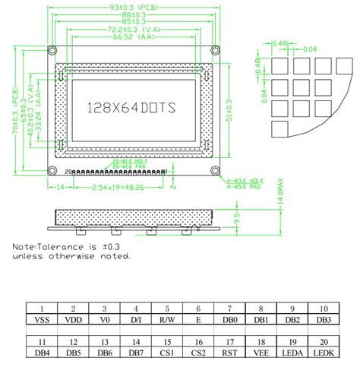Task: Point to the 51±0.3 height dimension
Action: pyautogui.click(x=229, y=114)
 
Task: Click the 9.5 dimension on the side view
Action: pyautogui.click(x=236, y=220)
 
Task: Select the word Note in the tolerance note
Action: pyautogui.click(x=24, y=247)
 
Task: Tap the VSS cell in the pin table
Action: pyautogui.click(x=41, y=320)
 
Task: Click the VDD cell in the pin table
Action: pyautogui.click(x=74, y=320)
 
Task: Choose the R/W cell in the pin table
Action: pyautogui.click(x=167, y=320)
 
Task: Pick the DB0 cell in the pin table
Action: pyautogui.click(x=229, y=320)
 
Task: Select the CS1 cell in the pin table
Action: pyautogui.click(x=167, y=353)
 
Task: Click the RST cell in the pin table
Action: pyautogui.click(x=229, y=353)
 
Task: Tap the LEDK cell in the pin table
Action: pyautogui.click(x=322, y=353)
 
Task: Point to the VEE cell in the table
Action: pyautogui.click(x=261, y=353)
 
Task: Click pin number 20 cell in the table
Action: pyautogui.click(x=322, y=342)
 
